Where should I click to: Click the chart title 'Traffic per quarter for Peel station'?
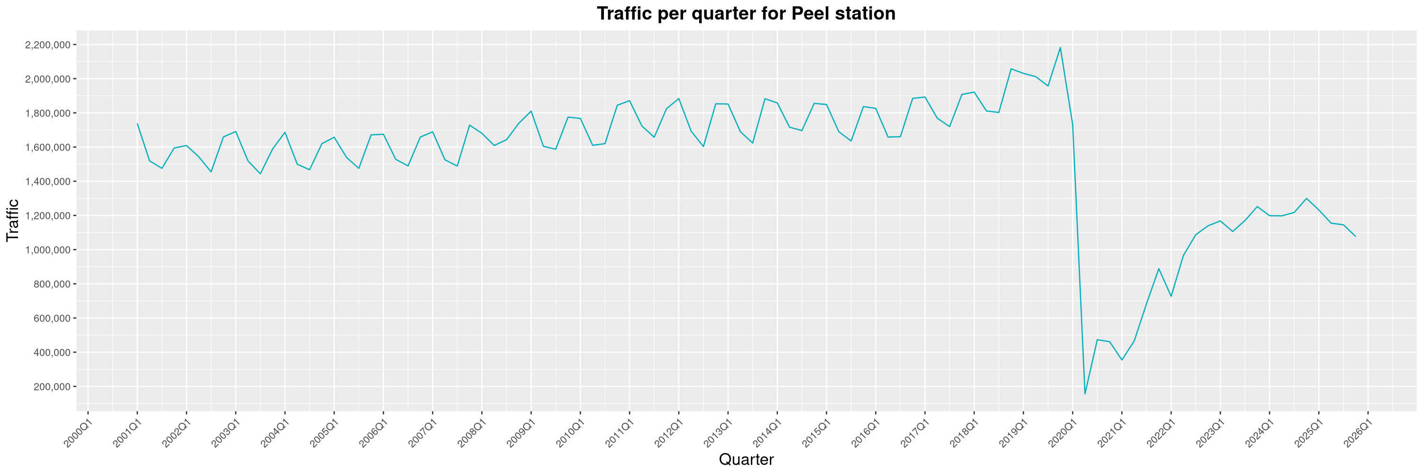(746, 13)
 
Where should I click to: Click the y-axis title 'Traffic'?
(13, 220)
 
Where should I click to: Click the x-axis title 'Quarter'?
(746, 459)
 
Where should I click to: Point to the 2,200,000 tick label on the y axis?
(48, 45)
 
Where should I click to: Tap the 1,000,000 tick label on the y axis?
(48, 250)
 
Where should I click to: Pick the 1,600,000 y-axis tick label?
(48, 148)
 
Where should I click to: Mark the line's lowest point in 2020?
(1085, 394)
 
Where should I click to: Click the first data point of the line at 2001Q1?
(137, 123)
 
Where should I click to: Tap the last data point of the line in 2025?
(1355, 236)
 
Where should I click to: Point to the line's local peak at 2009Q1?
(531, 111)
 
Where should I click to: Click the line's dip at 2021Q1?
(1121, 360)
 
